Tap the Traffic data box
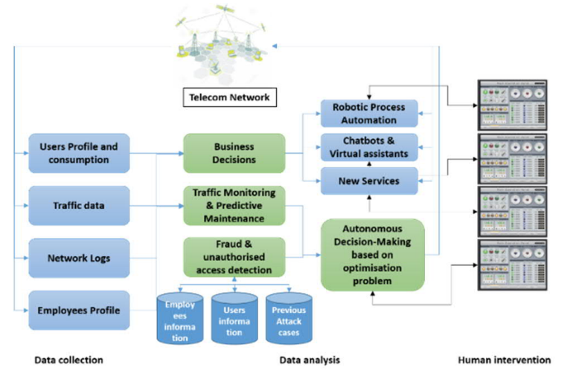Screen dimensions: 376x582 78,204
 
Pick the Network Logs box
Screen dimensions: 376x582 78,258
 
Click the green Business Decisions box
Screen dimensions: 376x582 234,153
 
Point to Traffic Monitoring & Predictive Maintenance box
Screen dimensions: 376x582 234,205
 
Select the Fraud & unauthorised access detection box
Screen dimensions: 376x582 234,256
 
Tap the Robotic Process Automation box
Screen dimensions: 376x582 369,113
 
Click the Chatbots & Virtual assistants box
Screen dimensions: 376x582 369,147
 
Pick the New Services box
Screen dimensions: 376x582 369,181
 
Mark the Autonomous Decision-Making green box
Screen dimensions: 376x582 372,254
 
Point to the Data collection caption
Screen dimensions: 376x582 68,360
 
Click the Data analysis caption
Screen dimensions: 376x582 310,360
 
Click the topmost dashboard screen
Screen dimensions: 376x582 514,103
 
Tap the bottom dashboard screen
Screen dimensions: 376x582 514,264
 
